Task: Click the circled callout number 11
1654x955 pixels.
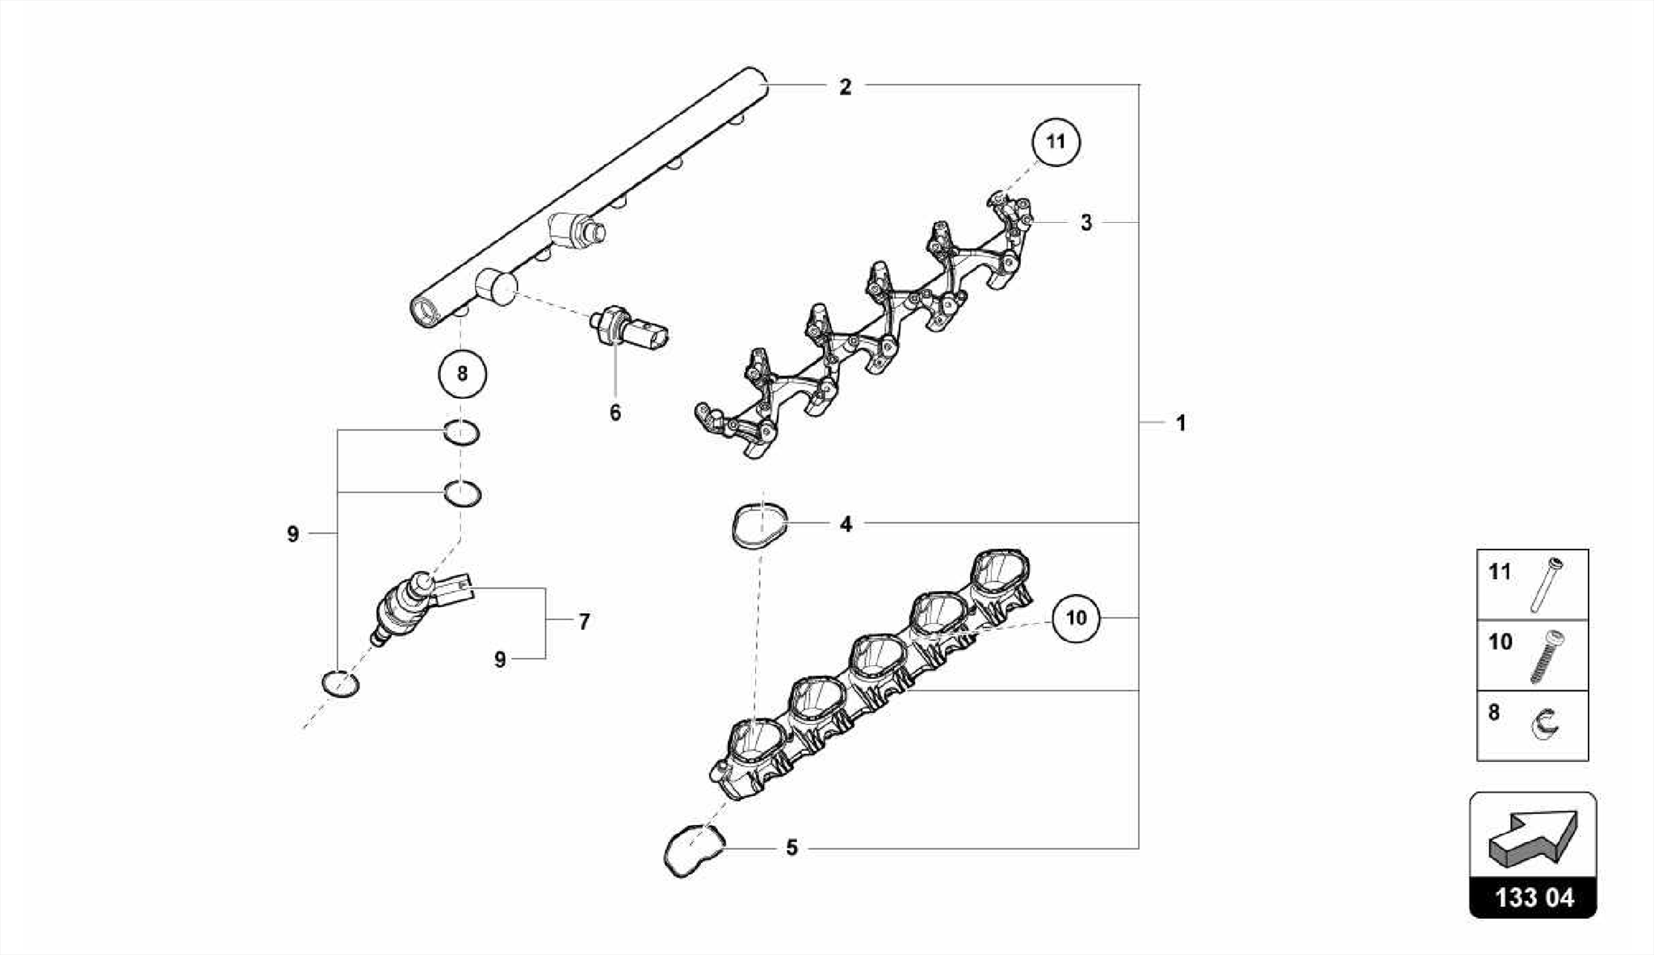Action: [x=1056, y=142]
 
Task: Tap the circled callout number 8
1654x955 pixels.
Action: [x=462, y=374]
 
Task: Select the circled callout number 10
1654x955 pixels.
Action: [x=1077, y=618]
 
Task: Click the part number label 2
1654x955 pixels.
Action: [x=845, y=87]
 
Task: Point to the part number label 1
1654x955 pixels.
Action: [x=1181, y=423]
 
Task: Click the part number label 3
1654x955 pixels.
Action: [x=1086, y=222]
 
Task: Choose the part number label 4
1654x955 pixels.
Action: [x=846, y=525]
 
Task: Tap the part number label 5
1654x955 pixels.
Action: [x=791, y=848]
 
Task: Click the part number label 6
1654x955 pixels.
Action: [x=615, y=413]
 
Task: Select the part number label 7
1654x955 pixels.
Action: [x=584, y=622]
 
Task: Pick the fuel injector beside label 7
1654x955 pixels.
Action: [x=412, y=610]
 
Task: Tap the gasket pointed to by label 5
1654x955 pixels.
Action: [x=691, y=851]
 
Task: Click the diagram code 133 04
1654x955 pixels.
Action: [x=1534, y=898]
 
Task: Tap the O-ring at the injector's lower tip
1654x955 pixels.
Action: [x=340, y=683]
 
